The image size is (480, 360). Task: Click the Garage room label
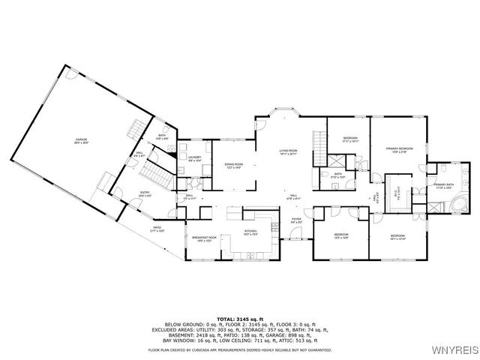point(82,140)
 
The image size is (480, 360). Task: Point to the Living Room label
point(289,152)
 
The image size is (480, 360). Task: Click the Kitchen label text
point(250,232)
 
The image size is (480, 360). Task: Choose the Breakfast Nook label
point(205,238)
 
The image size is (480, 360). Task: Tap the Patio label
point(157,229)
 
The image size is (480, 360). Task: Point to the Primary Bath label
point(444,186)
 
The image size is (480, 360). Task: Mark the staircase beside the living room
point(318,147)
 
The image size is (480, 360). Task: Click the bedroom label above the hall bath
point(350,139)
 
